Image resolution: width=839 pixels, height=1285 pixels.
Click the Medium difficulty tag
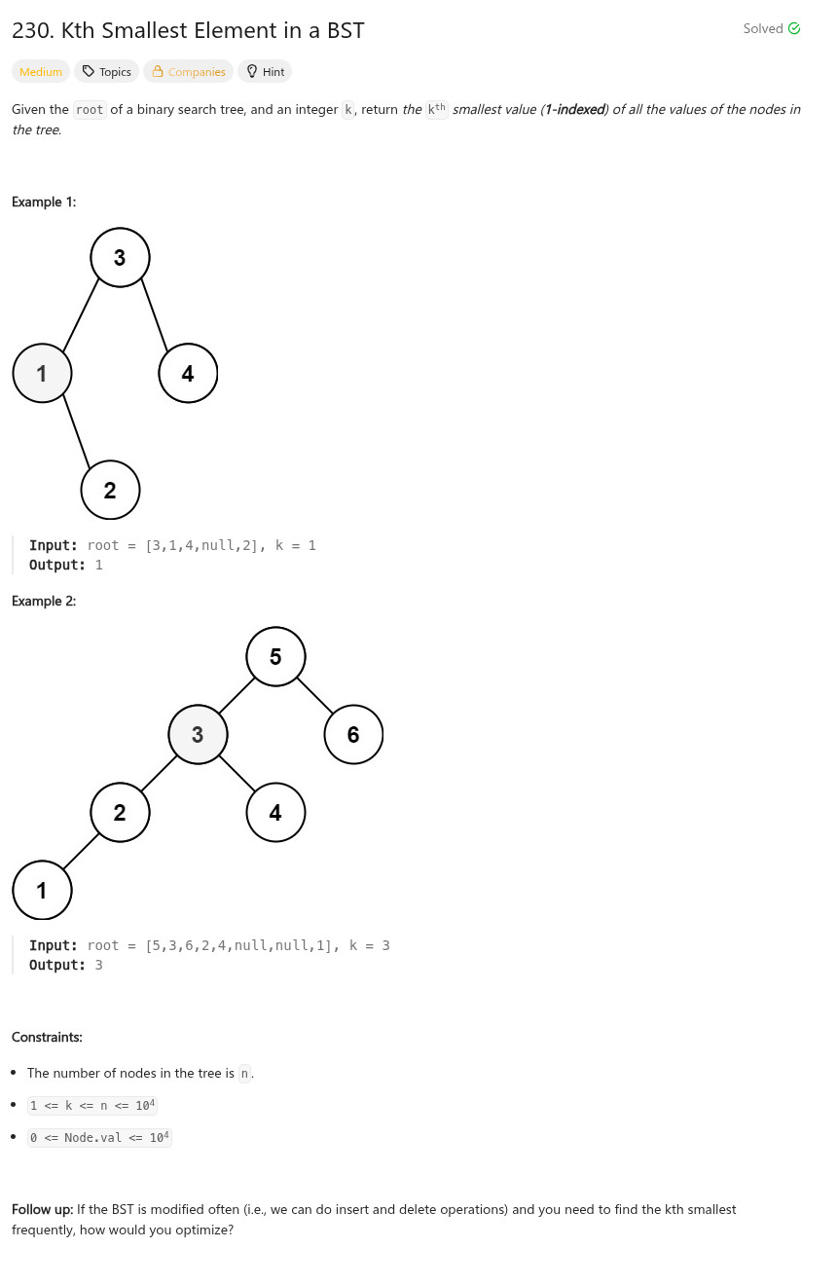pyautogui.click(x=41, y=71)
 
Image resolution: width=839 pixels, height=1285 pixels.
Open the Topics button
pyautogui.click(x=106, y=71)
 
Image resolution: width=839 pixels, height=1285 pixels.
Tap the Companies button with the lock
pyautogui.click(x=188, y=71)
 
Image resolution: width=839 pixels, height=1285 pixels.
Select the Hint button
pyautogui.click(x=265, y=71)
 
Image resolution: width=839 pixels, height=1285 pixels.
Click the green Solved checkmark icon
pyautogui.click(x=794, y=28)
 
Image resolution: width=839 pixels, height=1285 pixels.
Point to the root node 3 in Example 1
pyautogui.click(x=120, y=257)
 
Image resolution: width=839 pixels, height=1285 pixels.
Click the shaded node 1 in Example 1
pyautogui.click(x=42, y=372)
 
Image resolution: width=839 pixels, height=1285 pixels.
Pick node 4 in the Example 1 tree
pyautogui.click(x=188, y=372)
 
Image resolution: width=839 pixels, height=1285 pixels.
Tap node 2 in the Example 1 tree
pyautogui.click(x=110, y=490)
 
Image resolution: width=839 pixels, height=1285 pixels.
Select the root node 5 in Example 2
pyautogui.click(x=275, y=656)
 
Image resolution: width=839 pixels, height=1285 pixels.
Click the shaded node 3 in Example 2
pyautogui.click(x=198, y=734)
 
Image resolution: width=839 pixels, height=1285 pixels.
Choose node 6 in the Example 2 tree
pyautogui.click(x=353, y=734)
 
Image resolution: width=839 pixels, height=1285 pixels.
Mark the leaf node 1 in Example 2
pyautogui.click(x=42, y=890)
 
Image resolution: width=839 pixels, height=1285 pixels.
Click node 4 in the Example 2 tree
pyautogui.click(x=275, y=812)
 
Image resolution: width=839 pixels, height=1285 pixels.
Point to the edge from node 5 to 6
pyautogui.click(x=314, y=695)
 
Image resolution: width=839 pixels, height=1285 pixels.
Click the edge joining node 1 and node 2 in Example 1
pyautogui.click(x=76, y=431)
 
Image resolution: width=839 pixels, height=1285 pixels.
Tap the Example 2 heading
pyautogui.click(x=44, y=601)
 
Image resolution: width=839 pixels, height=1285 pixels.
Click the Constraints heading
pyautogui.click(x=47, y=1037)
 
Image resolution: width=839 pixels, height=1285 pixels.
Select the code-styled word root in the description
pyautogui.click(x=90, y=110)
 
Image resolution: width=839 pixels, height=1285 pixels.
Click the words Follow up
pyautogui.click(x=42, y=1209)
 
